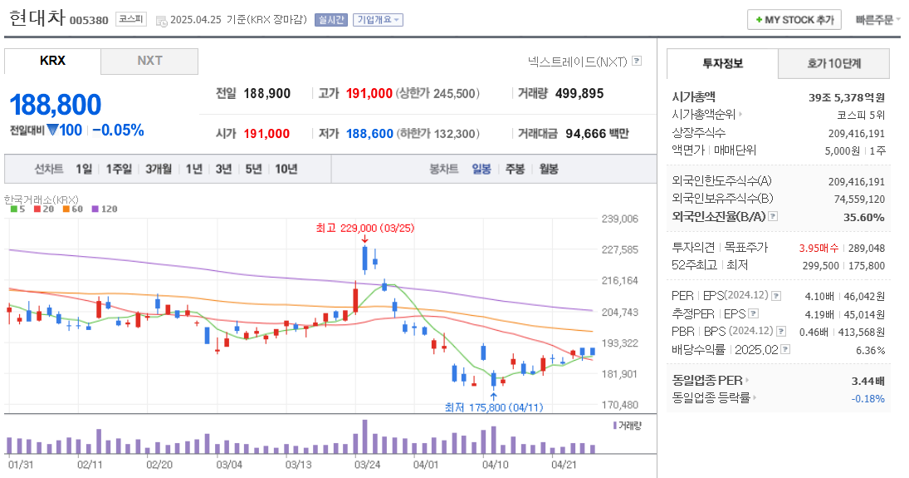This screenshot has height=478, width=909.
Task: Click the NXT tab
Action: point(149,61)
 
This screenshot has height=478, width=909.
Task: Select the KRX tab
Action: point(52,61)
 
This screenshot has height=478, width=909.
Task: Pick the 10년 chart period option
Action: point(286,169)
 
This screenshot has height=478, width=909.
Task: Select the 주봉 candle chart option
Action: point(515,169)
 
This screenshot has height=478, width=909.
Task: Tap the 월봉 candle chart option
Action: point(548,169)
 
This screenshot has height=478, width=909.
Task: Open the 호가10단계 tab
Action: point(833,63)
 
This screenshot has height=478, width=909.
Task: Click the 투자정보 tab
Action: point(722,63)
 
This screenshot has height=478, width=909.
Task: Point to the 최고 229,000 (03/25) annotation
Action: point(364,228)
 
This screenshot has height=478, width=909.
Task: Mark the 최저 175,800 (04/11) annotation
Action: point(493,407)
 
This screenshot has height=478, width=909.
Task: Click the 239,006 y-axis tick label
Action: point(619,219)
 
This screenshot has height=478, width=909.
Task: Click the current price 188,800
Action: point(56,105)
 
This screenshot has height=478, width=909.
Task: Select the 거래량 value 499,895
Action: point(579,93)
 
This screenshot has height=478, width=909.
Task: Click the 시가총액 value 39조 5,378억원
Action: point(846,97)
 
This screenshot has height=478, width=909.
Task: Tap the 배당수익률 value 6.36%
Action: point(869,350)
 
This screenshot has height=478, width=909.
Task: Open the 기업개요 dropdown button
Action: point(378,20)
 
